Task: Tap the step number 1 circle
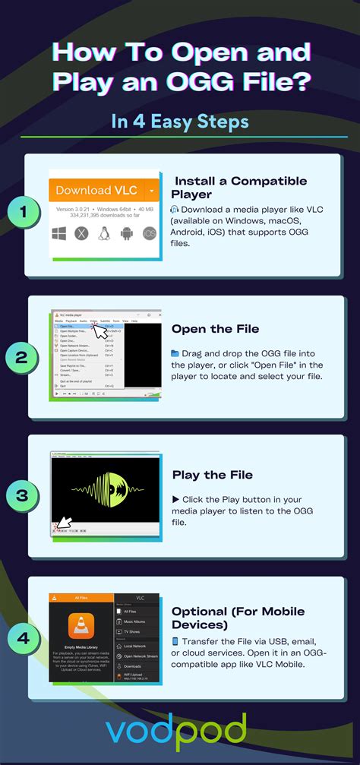(24, 214)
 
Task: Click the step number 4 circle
(24, 637)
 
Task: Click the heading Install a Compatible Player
(241, 188)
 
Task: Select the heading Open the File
(215, 329)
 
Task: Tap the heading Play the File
(212, 475)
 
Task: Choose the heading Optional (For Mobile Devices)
(238, 618)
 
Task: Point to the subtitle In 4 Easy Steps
(179, 121)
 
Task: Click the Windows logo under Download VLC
(59, 233)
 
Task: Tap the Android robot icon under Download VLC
(127, 233)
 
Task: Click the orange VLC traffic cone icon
(80, 626)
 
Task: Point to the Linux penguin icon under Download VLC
(104, 233)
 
